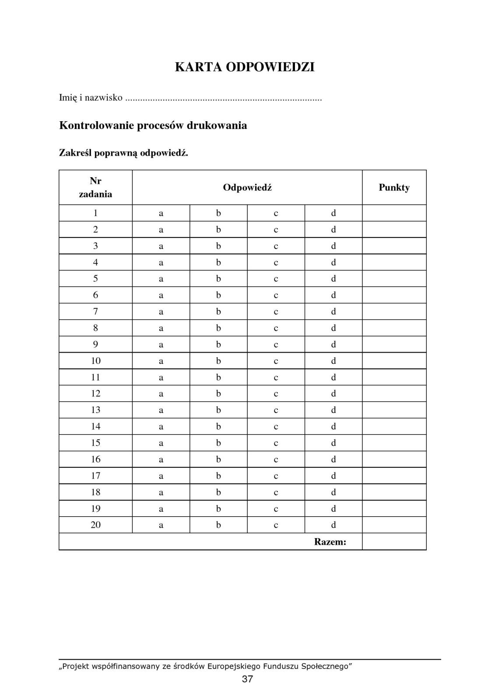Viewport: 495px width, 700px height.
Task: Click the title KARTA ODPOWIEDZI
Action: click(x=245, y=67)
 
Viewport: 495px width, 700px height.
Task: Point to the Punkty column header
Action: click(x=394, y=188)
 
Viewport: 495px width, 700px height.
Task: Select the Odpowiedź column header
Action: click(x=247, y=188)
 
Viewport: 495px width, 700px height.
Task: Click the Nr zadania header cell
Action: click(x=95, y=188)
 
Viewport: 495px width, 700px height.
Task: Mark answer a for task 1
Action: click(x=161, y=213)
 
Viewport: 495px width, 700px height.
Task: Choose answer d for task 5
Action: click(x=334, y=279)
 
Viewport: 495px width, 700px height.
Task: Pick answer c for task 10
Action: click(x=276, y=361)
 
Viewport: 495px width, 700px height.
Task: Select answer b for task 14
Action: click(x=218, y=427)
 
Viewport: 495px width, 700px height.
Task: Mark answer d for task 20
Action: click(x=334, y=525)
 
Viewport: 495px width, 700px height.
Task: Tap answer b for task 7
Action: click(x=218, y=311)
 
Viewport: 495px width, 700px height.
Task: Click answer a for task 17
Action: click(x=161, y=476)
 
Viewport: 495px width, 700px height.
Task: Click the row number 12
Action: click(x=95, y=394)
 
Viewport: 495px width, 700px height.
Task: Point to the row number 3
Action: click(x=95, y=246)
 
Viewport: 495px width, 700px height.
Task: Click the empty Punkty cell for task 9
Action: click(x=394, y=344)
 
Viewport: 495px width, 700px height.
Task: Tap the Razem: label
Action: click(x=330, y=542)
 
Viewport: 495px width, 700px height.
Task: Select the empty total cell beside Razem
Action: click(x=394, y=542)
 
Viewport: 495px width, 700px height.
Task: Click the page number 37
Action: click(x=247, y=679)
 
